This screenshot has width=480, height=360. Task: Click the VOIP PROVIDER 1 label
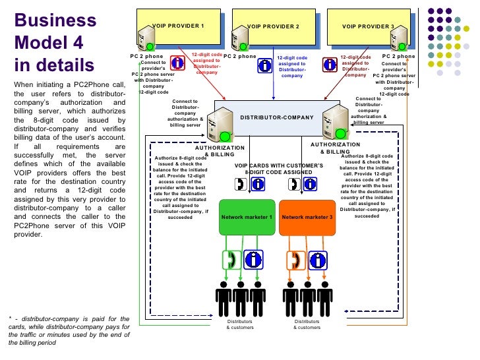coord(178,26)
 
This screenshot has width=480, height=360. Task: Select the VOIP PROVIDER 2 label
coord(273,26)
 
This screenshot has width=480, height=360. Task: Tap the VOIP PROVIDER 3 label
coord(368,26)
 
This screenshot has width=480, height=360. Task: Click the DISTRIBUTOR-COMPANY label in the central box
coord(276,117)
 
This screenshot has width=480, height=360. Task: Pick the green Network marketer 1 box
coord(247,216)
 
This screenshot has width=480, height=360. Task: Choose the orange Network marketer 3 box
coord(307,216)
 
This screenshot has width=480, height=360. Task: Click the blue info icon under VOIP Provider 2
coord(265,66)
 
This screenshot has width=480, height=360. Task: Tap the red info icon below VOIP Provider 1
coord(177,63)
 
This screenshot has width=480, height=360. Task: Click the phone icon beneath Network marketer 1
coord(231,259)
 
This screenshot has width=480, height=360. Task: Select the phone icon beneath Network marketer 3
coord(296,259)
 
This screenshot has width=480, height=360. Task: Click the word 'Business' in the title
coord(55,20)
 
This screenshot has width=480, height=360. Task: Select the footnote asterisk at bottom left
coord(12,320)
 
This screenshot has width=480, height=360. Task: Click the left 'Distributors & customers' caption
coord(240,324)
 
